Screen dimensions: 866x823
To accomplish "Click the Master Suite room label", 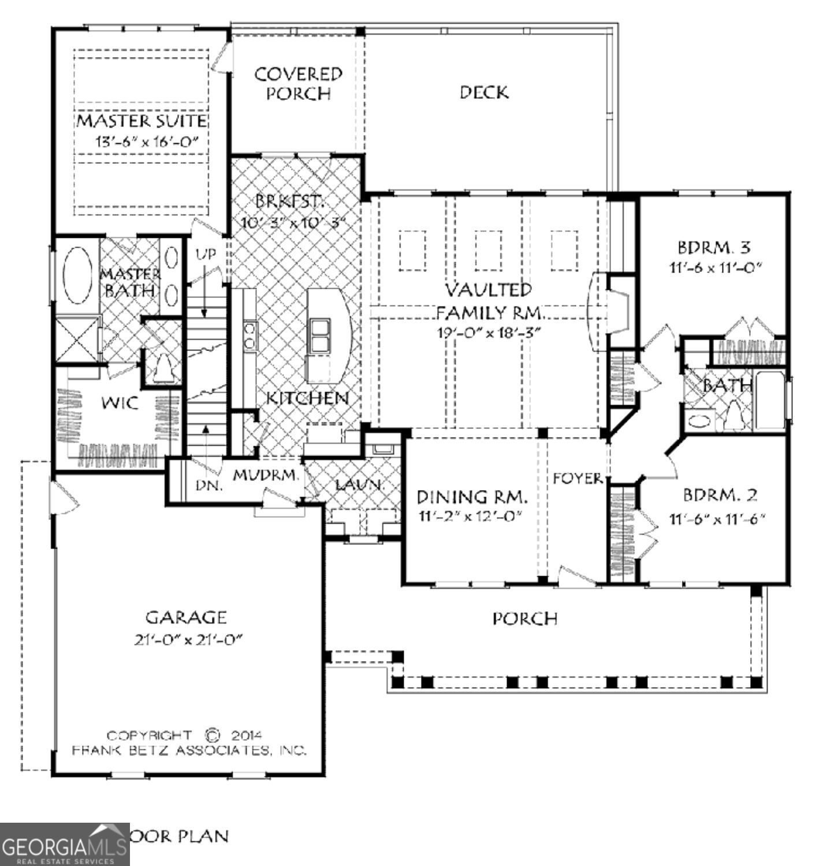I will pos(141,121).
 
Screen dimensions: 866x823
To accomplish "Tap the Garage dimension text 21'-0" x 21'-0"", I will pos(185,640).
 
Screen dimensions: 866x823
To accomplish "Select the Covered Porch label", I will pos(298,84).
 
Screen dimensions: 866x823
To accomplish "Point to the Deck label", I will pos(484,92).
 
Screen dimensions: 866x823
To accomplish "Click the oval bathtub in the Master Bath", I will pos(77,276).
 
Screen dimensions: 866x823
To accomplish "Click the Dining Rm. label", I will pos(472,496).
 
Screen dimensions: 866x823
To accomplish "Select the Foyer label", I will pos(578,478).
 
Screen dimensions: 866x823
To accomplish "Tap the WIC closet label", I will pos(120,402).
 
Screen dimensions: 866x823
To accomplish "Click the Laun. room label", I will pos(359,485).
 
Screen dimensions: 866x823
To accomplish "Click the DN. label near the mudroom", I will pos(208,486).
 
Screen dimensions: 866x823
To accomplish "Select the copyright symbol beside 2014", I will pos(212,735).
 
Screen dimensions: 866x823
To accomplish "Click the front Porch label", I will pos(524,619).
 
